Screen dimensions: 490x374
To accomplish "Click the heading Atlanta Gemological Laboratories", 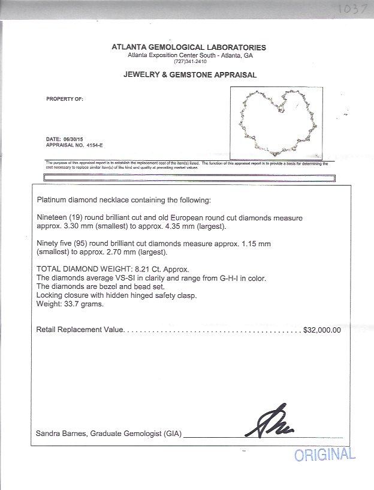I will [189, 47].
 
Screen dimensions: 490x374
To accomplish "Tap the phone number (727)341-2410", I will [189, 61].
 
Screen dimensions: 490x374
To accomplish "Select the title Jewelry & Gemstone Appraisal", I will [190, 75].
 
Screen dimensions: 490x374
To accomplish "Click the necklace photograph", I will [279, 121].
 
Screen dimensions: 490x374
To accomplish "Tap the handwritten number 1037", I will [348, 10].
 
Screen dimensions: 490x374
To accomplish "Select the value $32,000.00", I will [322, 330].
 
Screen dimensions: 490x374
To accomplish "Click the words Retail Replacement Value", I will [80, 330].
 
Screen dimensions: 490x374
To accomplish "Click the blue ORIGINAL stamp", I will [324, 455].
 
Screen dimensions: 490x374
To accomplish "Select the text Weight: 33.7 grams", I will [70, 304].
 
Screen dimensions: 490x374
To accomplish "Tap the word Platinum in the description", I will [52, 199].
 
